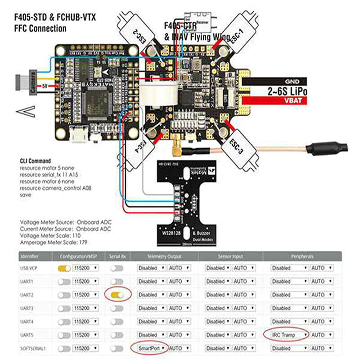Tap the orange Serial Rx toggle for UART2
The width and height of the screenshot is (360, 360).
coord(117,294)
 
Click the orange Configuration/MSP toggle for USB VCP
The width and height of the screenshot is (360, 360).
coord(63,268)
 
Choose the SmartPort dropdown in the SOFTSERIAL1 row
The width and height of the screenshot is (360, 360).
coord(150,348)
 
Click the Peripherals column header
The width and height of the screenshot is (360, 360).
coord(302,256)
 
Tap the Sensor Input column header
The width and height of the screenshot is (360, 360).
coord(229,256)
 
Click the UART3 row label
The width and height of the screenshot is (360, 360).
coord(28,308)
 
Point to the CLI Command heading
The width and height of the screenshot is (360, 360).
coord(35,161)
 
